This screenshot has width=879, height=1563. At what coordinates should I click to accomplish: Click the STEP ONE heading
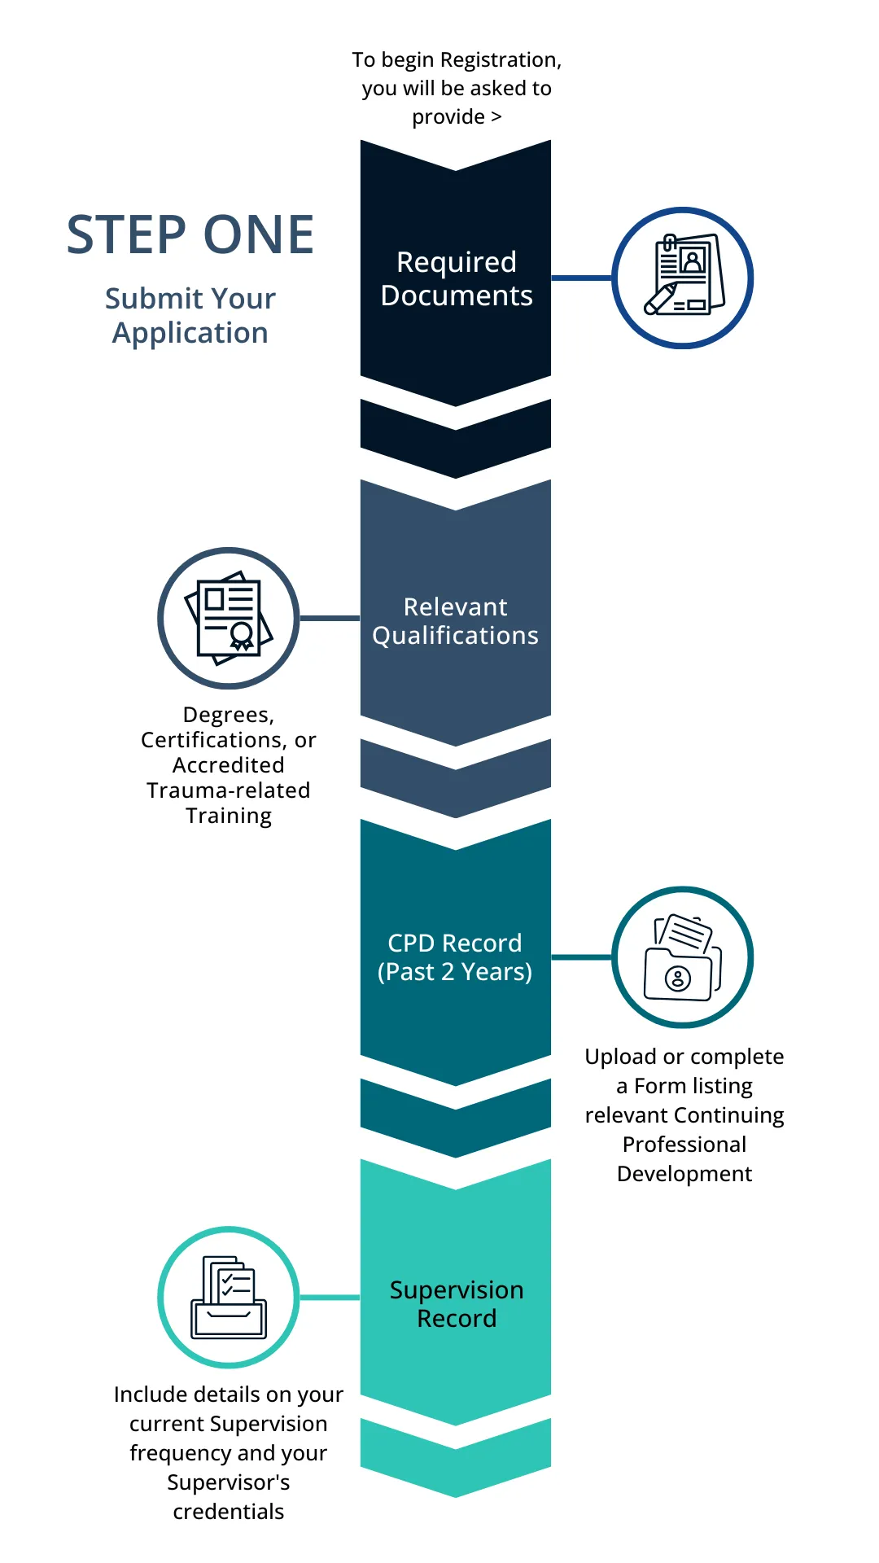[x=190, y=235]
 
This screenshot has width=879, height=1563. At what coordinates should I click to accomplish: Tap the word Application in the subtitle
[x=190, y=333]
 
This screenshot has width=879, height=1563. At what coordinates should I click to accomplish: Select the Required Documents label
[x=456, y=278]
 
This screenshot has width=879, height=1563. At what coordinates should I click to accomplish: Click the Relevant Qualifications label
[x=456, y=621]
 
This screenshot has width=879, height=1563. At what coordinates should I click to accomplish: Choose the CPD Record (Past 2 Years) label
[x=455, y=957]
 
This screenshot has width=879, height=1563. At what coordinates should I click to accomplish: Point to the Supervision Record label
[x=456, y=1304]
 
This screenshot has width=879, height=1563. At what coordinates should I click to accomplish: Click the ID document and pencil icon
[x=683, y=277]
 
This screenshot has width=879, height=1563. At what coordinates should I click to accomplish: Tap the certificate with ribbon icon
[x=229, y=617]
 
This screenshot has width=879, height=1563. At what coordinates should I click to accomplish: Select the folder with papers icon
[x=682, y=957]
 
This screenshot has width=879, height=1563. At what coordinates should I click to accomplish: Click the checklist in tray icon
[x=229, y=1297]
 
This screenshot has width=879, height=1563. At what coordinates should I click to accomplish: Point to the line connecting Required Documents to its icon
[x=581, y=278]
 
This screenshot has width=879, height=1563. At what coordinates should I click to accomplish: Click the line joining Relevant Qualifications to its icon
[x=330, y=618]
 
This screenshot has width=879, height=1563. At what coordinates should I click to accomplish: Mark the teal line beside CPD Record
[x=581, y=957]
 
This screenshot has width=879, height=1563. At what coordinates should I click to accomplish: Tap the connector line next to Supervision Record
[x=330, y=1297]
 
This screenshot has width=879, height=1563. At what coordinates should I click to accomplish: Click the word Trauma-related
[x=229, y=790]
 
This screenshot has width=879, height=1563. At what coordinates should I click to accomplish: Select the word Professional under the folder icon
[x=684, y=1145]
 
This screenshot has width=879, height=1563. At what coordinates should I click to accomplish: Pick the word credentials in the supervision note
[x=229, y=1512]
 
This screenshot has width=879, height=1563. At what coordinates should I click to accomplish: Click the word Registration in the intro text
[x=500, y=60]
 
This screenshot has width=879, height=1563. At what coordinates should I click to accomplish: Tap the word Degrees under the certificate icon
[x=228, y=715]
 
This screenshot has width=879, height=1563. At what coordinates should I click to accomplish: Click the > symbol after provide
[x=496, y=117]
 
